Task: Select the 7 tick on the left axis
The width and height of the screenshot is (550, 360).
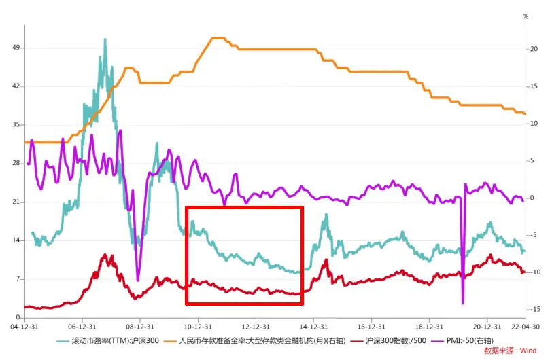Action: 16,279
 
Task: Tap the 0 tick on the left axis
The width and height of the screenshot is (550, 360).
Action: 16,318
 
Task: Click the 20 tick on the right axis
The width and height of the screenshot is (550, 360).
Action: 535,48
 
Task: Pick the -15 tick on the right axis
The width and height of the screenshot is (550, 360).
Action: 536,310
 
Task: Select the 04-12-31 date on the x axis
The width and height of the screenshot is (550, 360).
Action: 24,326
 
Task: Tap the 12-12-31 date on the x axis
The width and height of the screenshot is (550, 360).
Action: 256,326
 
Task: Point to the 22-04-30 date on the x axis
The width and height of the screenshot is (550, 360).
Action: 527,326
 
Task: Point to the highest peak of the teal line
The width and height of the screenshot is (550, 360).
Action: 105,39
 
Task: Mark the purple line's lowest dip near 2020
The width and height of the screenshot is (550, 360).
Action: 463,304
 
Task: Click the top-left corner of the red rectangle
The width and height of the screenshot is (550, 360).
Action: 186,207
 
